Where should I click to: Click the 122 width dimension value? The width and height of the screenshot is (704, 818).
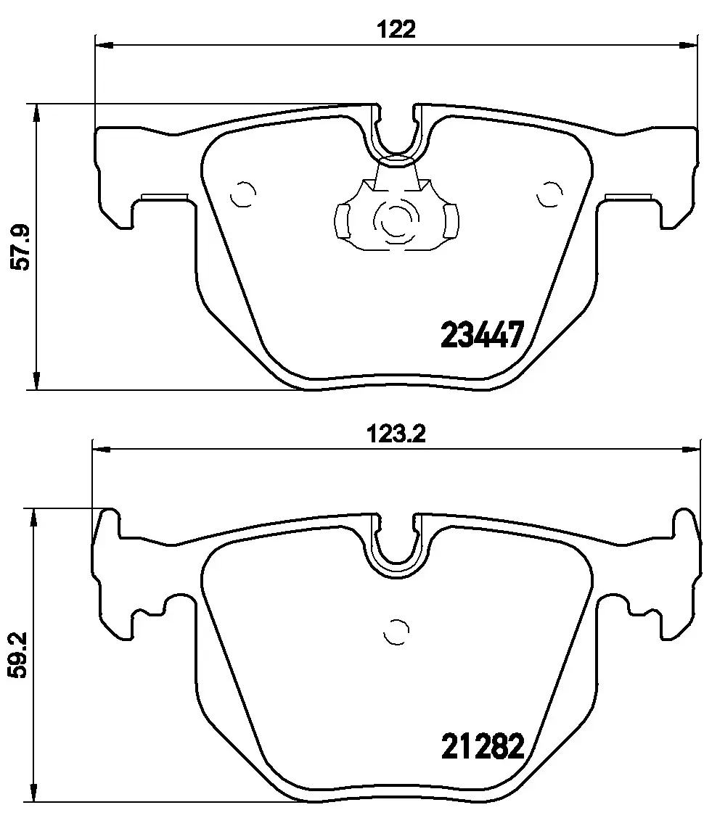coord(396,30)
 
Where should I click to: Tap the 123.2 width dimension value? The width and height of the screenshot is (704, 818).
coord(396,434)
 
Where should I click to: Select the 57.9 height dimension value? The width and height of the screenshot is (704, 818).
coord(22,247)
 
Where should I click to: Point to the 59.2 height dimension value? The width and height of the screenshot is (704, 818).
coord(17,656)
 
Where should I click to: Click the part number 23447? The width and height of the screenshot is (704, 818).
coord(481,334)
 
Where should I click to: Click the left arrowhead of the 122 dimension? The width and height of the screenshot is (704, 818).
coord(105,46)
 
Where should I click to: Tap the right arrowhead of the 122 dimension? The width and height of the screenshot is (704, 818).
coord(687,46)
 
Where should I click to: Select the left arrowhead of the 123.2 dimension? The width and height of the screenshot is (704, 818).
coord(102,449)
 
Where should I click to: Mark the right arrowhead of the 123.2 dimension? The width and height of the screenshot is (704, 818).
coord(690,449)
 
